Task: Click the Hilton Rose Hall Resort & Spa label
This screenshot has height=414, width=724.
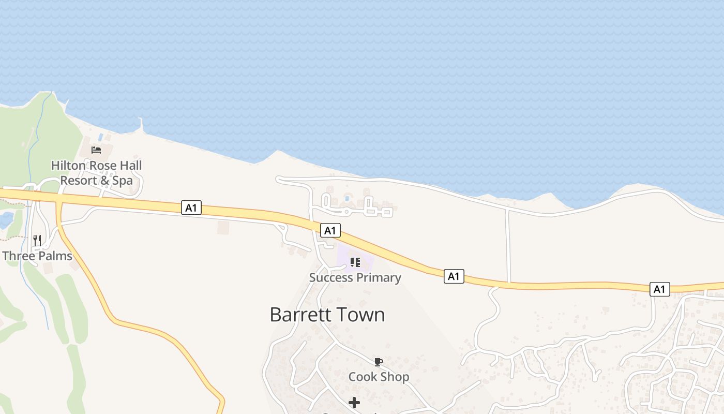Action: tap(96, 173)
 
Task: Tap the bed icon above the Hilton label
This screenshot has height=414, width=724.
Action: tap(96, 150)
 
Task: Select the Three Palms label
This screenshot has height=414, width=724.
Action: tap(37, 256)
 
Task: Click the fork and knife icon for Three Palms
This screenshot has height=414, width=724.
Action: tap(37, 240)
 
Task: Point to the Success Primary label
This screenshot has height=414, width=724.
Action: tap(355, 277)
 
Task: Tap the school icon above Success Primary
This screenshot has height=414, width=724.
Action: tap(355, 262)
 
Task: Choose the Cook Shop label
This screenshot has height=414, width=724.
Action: tap(379, 377)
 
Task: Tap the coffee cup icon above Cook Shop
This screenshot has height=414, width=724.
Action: tap(379, 362)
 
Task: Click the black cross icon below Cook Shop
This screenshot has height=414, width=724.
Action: tap(354, 402)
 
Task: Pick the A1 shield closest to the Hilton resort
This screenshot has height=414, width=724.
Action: tap(191, 208)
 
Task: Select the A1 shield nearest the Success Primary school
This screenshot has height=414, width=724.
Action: tap(330, 230)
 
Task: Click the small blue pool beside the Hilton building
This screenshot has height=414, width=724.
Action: tap(100, 138)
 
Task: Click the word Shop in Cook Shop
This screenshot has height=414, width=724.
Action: tap(395, 377)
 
